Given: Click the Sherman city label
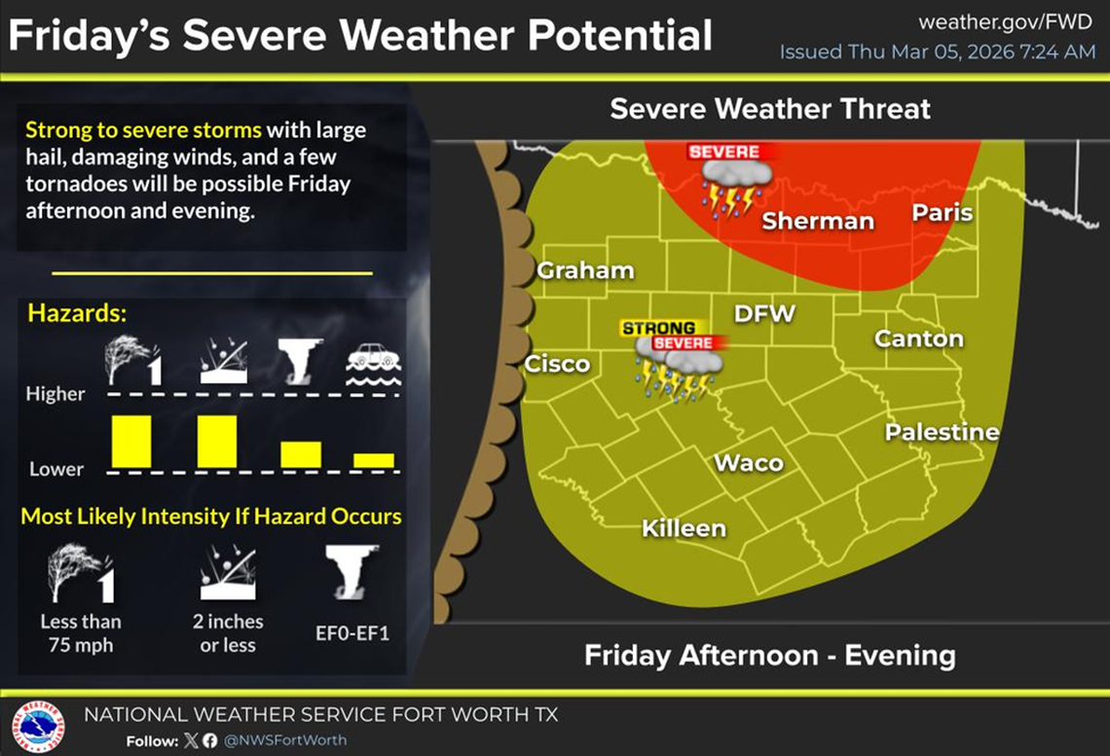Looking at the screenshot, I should point(818,221).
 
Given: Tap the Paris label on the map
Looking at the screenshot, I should point(942,212).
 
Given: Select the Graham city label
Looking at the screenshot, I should point(585,270).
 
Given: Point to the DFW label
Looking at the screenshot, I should point(764,313).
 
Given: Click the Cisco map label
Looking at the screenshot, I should point(557,364).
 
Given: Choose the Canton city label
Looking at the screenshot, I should point(918,339).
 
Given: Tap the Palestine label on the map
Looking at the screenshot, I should point(942,432).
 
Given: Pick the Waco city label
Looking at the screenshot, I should point(749,462).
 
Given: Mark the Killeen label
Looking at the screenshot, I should point(684,528).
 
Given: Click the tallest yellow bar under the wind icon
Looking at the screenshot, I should point(131,441).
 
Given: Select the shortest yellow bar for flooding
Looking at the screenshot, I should point(374,460).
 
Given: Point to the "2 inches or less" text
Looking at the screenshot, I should point(228,632).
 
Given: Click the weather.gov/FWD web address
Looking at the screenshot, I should point(1006,21).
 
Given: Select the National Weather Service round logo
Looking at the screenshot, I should point(38,725).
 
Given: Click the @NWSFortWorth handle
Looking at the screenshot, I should point(285,740).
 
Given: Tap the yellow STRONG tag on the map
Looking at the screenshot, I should point(658,329).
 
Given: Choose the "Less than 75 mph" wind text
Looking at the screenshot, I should point(81,632).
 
